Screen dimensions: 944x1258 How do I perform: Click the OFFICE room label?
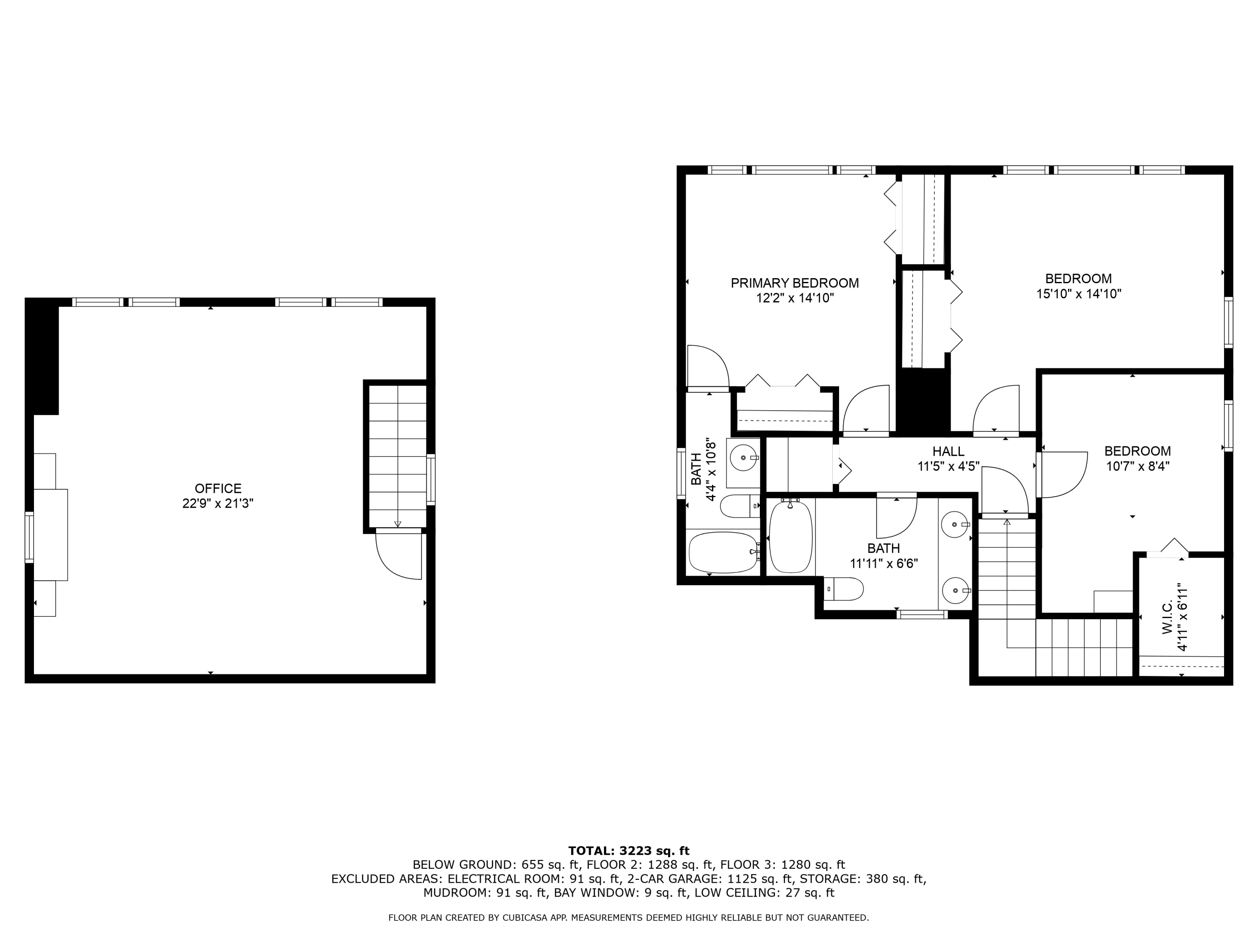[x=218, y=488]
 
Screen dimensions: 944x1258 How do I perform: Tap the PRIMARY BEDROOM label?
[x=795, y=283]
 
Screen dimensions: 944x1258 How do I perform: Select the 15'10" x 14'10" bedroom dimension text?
[x=1078, y=294]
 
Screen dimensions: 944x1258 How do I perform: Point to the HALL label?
[x=948, y=451]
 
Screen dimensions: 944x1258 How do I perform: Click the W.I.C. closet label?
[x=1167, y=618]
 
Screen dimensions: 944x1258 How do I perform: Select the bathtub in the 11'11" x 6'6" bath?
[x=790, y=537]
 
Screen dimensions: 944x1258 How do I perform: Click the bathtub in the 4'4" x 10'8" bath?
[x=723, y=553]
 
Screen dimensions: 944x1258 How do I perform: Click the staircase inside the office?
[x=398, y=455]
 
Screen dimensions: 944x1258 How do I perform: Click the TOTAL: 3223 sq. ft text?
[x=629, y=851]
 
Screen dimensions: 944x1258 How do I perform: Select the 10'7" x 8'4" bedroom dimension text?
[x=1137, y=466]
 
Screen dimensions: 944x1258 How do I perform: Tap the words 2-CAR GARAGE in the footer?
[x=673, y=879]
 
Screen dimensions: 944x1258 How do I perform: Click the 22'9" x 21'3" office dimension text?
[x=218, y=503]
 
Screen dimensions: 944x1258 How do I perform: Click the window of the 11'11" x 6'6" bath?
[x=922, y=614]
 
